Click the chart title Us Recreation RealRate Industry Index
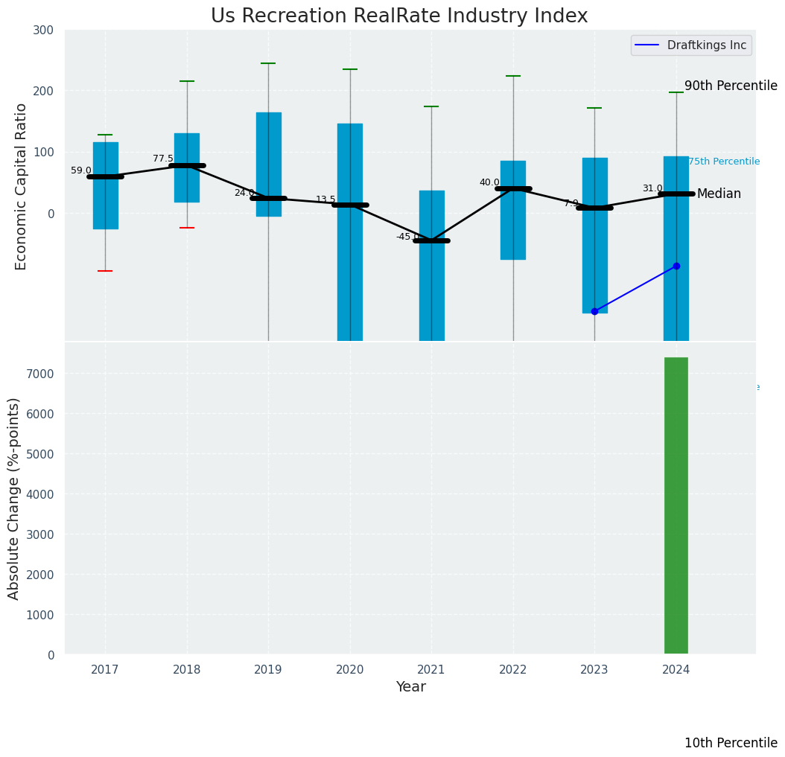[399, 16]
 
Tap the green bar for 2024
[676, 506]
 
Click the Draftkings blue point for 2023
[594, 311]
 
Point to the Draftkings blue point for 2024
[676, 266]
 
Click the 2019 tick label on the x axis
[268, 670]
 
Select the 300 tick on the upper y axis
[43, 30]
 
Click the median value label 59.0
[81, 170]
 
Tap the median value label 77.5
[163, 159]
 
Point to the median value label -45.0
[407, 237]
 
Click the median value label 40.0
[489, 182]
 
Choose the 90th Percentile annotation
[731, 86]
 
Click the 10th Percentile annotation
[731, 743]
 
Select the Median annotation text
[719, 194]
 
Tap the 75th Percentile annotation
[724, 162]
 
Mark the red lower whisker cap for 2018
[187, 228]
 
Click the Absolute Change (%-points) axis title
[14, 498]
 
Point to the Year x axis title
[410, 687]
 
